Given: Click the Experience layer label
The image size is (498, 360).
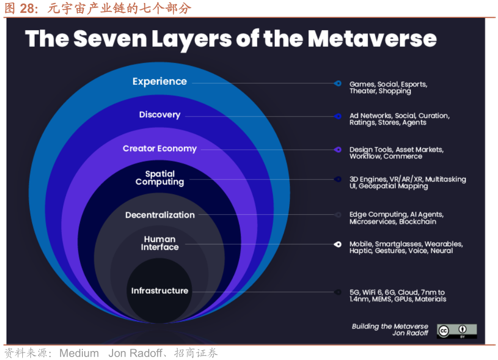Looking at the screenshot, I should (160, 82).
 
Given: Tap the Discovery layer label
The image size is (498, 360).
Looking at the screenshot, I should (160, 115).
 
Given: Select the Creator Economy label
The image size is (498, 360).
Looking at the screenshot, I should (160, 149).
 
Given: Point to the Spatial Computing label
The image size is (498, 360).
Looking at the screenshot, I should (160, 178).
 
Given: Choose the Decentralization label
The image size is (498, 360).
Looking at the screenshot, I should (160, 215).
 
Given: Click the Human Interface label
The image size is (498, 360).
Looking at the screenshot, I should (160, 243).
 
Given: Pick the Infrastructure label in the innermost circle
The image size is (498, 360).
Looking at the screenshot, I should (160, 291).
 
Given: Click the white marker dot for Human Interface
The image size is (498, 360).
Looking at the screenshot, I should (338, 244).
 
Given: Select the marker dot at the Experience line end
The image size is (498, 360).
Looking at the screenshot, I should (338, 84).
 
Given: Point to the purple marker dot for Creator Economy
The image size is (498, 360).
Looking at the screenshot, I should (338, 149).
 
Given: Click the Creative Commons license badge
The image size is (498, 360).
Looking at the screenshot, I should (457, 331).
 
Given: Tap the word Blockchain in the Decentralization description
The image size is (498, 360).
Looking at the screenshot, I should (418, 222).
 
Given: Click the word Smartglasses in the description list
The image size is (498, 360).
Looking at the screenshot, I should (398, 244).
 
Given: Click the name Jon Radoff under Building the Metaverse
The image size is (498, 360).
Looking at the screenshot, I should (410, 333).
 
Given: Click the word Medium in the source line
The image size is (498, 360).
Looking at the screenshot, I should (79, 353).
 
